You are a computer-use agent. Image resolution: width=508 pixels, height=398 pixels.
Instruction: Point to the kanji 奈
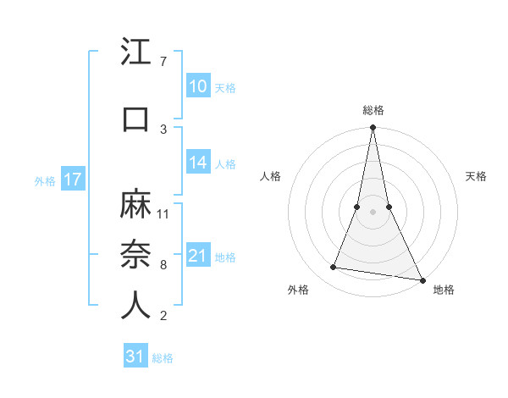[136, 255]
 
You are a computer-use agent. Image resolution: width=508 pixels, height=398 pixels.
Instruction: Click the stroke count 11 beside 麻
[163, 213]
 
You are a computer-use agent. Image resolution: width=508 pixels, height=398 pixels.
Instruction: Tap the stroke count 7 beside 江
[163, 62]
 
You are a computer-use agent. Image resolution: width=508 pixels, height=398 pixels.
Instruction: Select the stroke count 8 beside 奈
[163, 265]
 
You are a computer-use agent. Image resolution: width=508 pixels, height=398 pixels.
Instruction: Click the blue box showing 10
[197, 86]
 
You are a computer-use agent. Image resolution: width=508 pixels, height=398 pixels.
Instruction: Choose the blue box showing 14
[197, 163]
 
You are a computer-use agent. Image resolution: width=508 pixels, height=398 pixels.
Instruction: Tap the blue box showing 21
[197, 256]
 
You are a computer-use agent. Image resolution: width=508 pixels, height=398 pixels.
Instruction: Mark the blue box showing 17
[73, 180]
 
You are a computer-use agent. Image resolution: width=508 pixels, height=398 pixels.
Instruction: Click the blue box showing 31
[135, 357]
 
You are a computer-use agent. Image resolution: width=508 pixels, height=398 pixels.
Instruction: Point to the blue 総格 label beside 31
[163, 358]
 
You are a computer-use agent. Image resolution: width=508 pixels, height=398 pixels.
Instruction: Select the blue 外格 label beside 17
[45, 180]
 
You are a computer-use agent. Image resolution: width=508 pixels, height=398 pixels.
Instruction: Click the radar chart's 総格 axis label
[373, 110]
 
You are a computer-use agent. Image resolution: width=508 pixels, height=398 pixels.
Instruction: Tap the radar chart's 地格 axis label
[444, 290]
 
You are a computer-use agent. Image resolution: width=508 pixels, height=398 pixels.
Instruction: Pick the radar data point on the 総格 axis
[373, 128]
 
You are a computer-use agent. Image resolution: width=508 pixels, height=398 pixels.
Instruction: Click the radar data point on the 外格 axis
[334, 268]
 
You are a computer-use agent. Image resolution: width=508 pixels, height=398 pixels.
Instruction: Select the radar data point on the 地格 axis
[422, 279]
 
